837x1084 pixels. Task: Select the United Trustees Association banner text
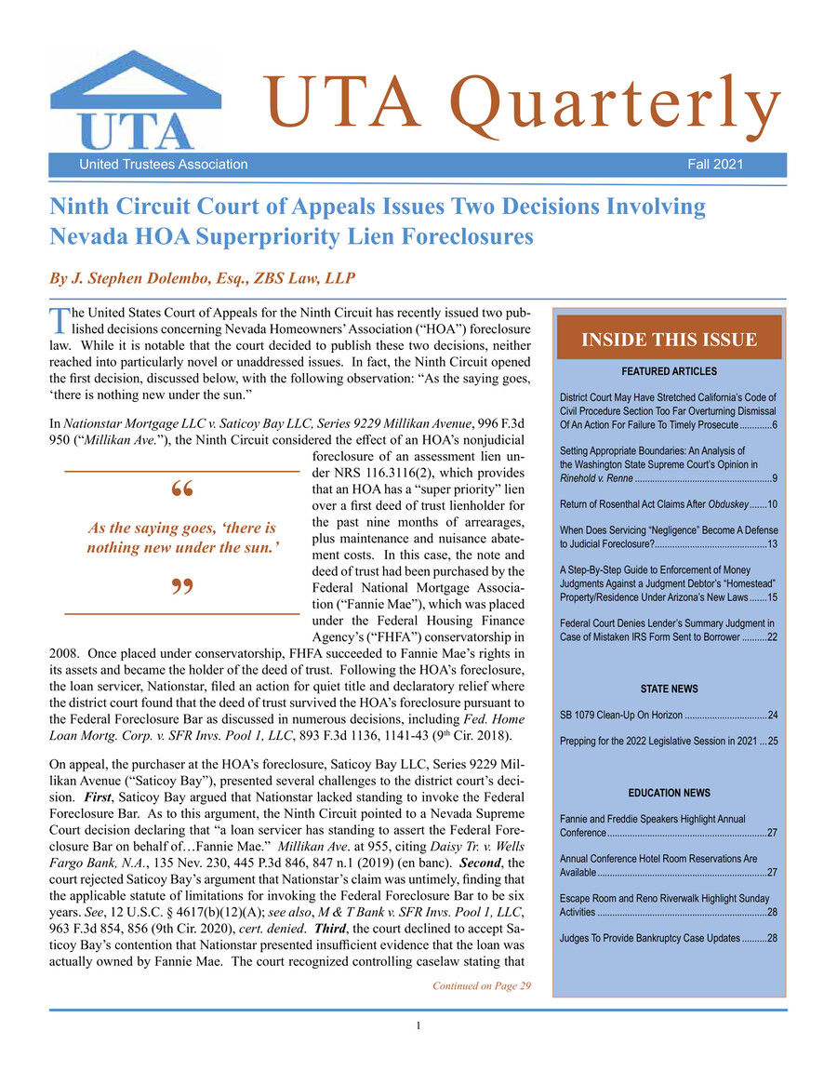click(x=164, y=165)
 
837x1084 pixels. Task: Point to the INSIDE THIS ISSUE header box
click(x=669, y=341)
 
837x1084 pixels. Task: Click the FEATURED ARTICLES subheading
click(x=669, y=371)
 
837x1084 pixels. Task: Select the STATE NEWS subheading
click(x=669, y=689)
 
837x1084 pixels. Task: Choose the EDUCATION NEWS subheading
click(x=669, y=793)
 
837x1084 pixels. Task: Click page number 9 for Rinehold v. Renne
click(x=774, y=478)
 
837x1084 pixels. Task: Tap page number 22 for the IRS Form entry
click(x=771, y=636)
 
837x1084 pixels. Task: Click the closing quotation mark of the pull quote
click(x=182, y=590)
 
